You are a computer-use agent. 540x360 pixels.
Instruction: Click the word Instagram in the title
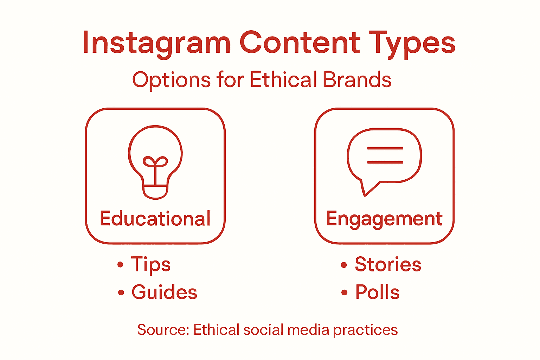click(156, 43)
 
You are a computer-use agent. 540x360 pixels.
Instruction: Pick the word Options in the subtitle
click(171, 80)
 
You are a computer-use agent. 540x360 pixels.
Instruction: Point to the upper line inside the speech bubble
click(385, 148)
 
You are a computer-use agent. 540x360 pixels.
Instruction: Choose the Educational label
click(155, 219)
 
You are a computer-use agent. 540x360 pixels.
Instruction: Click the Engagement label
click(384, 219)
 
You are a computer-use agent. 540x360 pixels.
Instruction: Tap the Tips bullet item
click(150, 264)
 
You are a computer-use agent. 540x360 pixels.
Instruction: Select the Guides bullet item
click(164, 292)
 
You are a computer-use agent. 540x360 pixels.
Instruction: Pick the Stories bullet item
click(388, 264)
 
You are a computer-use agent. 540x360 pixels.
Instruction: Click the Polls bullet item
click(377, 292)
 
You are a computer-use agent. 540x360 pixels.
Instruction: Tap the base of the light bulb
click(155, 192)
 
